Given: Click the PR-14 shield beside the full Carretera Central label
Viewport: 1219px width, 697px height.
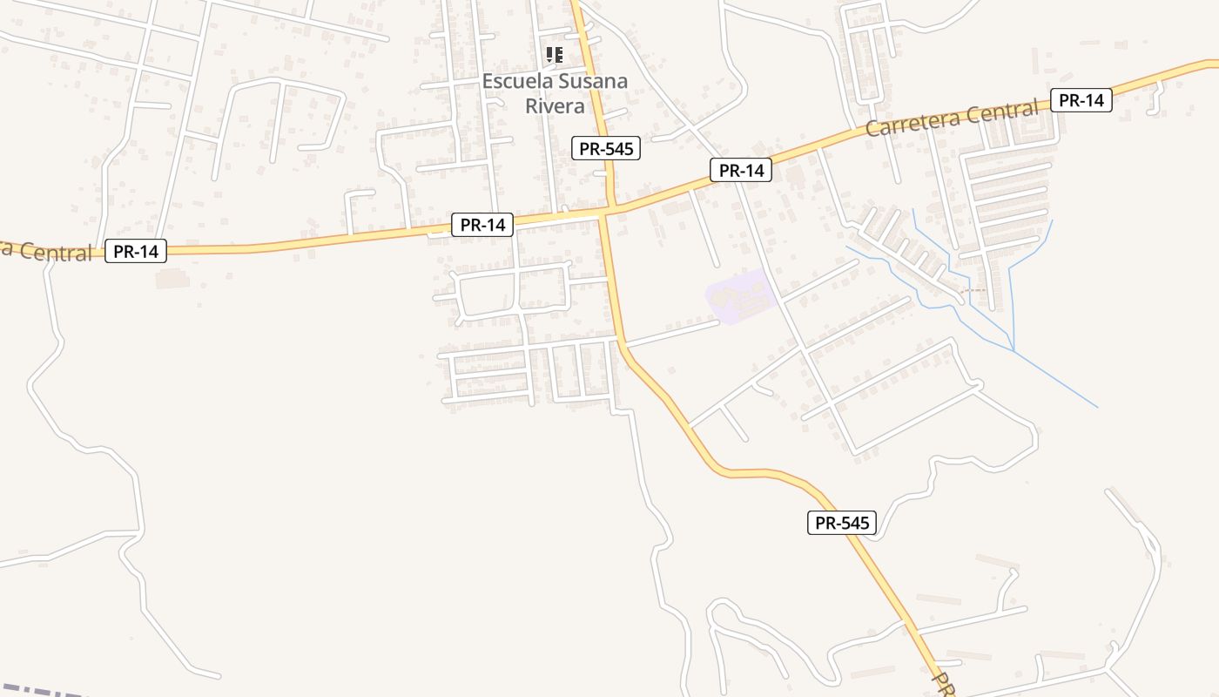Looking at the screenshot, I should coord(1081,100).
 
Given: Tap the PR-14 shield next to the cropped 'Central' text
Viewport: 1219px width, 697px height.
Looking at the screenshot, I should coord(136,252).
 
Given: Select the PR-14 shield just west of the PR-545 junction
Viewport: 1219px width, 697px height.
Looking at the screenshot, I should coord(482,225).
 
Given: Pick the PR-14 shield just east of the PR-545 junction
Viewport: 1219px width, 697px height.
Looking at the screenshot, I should coord(741,171).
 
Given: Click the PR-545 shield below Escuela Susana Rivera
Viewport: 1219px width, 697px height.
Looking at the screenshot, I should coord(606,148).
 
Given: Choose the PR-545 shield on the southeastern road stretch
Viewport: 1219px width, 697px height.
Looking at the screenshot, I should coord(841,523).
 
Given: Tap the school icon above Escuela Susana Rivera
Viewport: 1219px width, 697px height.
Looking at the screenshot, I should coord(554,56).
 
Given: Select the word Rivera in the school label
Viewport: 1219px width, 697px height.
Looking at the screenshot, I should coord(555,106).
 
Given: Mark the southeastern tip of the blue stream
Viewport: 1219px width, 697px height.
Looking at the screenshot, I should coord(1096,406).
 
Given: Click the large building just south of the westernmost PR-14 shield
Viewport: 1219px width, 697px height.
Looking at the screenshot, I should coord(172,279).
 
